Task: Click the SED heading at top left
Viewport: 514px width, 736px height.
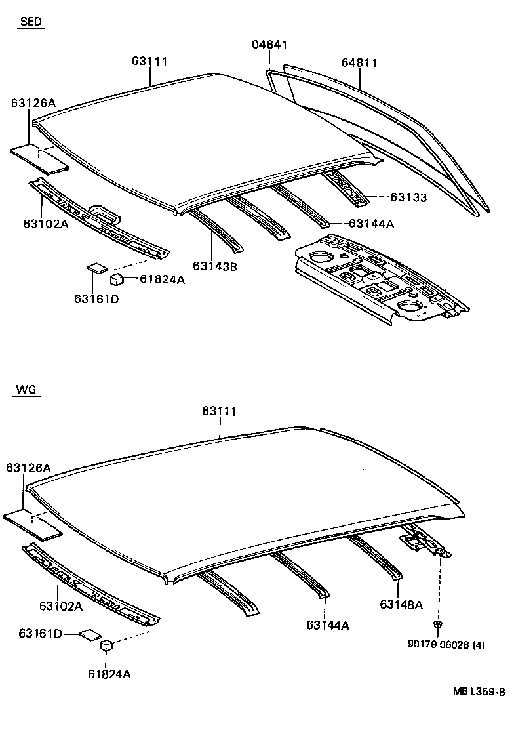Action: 31,22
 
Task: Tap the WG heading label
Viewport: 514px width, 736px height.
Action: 27,390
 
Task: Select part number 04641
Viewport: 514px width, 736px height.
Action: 269,45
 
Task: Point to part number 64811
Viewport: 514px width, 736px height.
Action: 359,63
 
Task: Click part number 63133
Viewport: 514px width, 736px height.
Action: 408,197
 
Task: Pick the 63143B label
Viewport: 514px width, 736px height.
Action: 214,266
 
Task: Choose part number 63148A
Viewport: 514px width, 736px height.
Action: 401,604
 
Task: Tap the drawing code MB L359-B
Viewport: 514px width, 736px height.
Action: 479,691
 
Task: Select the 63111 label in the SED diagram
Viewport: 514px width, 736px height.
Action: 150,61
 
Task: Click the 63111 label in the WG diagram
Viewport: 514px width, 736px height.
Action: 219,411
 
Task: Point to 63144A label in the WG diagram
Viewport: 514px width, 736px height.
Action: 327,626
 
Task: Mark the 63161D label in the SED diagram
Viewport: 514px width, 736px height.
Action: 96,299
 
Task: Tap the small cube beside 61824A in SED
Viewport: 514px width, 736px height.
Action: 117,279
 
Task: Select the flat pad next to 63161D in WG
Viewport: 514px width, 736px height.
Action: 89,634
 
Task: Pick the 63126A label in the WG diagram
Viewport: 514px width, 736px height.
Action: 28,468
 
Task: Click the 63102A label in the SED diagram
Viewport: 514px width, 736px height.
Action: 46,223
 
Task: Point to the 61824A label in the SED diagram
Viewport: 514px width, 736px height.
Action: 163,279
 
